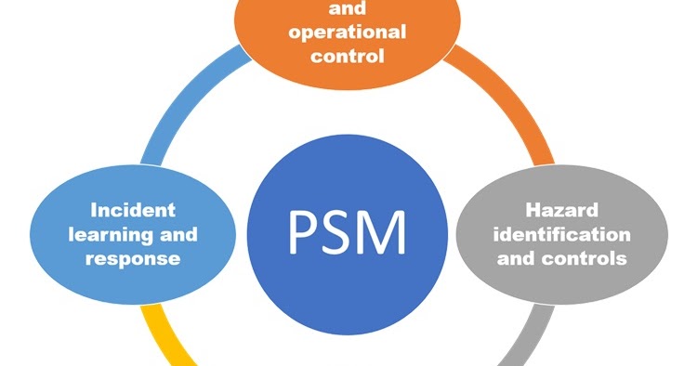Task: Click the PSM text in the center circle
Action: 346,232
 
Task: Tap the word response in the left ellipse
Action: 132,258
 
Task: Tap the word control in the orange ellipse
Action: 348,56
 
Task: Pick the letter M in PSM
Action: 387,232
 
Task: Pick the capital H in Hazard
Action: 532,209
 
